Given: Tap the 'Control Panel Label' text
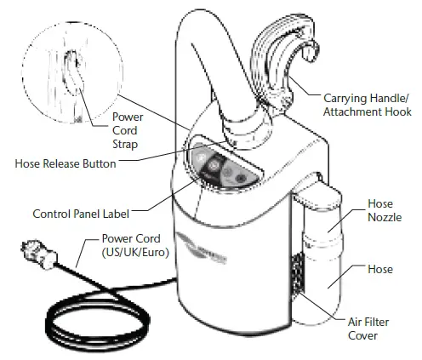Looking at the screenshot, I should [x=82, y=213].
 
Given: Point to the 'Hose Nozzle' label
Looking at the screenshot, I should [x=379, y=211].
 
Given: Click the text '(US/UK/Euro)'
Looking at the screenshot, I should [x=134, y=254].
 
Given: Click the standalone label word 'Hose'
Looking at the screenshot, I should [x=379, y=269].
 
